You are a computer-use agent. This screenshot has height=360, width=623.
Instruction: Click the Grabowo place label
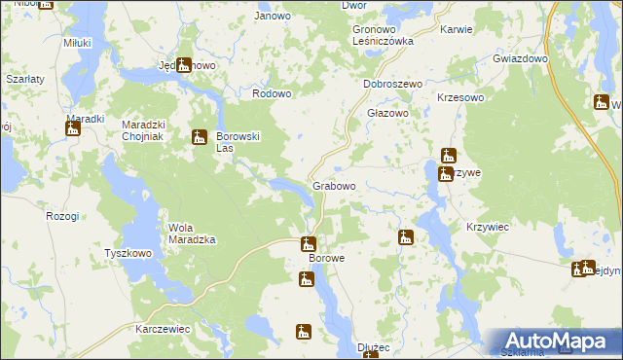333,185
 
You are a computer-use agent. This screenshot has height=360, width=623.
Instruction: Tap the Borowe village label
327,259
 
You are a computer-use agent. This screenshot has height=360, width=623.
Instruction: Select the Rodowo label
272,93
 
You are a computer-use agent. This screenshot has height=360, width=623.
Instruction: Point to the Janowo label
272,16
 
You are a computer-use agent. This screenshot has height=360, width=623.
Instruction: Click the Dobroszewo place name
392,85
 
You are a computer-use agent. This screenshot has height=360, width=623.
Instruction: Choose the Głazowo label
386,112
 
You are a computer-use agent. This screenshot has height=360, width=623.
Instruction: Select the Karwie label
456,29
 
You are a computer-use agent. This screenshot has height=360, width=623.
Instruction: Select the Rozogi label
61,216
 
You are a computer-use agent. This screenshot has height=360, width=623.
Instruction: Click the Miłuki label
77,43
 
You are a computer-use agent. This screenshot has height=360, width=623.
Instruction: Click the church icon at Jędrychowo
184,65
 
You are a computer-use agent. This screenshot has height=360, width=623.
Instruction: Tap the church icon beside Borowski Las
200,137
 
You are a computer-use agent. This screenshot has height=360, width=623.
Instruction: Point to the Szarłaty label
22,77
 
